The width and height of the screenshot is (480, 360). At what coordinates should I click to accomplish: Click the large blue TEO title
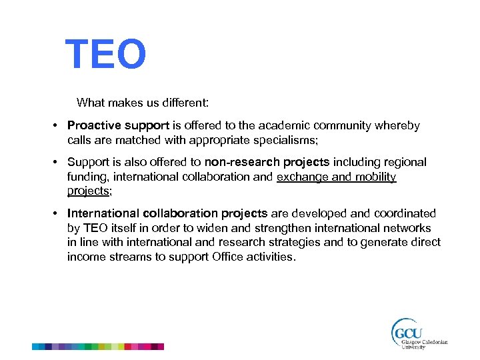coord(105,55)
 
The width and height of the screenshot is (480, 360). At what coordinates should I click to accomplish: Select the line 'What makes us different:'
coord(143,103)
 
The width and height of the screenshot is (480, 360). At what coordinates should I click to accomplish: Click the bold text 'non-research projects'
coord(267,163)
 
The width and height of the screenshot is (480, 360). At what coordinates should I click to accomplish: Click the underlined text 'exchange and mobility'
coord(336,177)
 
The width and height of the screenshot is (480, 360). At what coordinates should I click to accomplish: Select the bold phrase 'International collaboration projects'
coord(167,213)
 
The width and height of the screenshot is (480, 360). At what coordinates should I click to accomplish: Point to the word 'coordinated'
coord(406,213)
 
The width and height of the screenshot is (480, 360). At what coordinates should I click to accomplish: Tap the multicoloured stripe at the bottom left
coord(98,347)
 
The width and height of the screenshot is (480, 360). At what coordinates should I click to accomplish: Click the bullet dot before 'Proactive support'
coord(59,126)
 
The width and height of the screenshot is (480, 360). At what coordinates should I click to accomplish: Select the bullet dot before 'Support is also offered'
coord(59,163)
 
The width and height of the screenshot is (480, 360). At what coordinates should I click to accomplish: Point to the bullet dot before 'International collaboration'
coord(59,213)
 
